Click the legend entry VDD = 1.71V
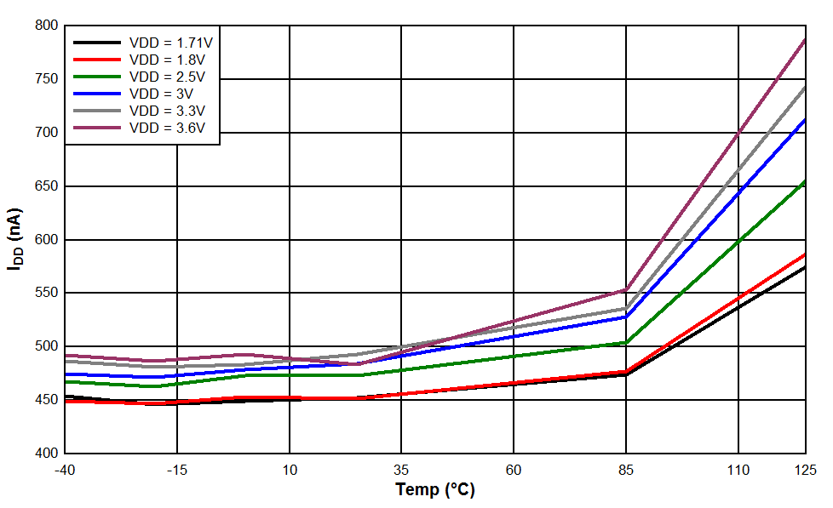coord(170,42)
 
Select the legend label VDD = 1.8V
coord(167,60)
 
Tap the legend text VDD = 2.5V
coord(167,77)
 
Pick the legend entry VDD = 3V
coord(161,94)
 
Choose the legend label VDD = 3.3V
coord(167,111)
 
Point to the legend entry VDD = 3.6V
coord(167,128)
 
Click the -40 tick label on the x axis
coord(65,470)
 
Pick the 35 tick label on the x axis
coord(401,470)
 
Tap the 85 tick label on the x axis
coord(626,470)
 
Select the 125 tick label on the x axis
coord(805,470)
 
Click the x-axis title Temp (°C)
coord(435,490)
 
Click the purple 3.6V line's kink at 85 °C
coord(626,290)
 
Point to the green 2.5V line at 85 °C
coord(626,343)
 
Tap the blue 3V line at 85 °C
coord(626,317)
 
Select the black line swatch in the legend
coord(95,42)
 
